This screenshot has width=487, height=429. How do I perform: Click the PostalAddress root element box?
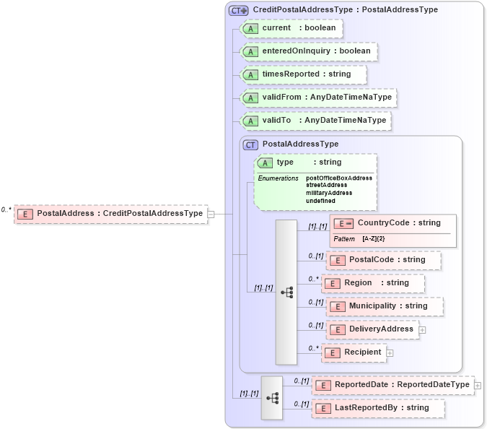(x=110, y=214)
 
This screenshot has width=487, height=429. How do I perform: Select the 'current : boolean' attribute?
(x=291, y=28)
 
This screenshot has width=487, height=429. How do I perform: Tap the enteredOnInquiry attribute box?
(x=308, y=51)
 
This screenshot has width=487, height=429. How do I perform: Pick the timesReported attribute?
(x=303, y=74)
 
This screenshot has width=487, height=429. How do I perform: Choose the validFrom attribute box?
(x=317, y=97)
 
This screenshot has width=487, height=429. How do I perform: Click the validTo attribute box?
(x=315, y=121)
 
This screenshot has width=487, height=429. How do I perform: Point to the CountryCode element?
(x=392, y=223)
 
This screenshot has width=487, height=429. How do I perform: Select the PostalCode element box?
(x=383, y=260)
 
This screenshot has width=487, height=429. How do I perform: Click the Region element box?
(x=373, y=283)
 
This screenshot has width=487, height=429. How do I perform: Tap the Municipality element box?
(x=385, y=306)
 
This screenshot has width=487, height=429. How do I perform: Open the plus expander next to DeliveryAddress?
(x=422, y=329)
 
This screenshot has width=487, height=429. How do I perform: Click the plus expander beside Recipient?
(x=390, y=352)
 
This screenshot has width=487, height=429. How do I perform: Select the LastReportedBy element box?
(x=378, y=408)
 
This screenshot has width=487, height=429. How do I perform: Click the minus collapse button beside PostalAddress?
(x=211, y=214)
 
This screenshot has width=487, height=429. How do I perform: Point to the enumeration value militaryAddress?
(x=329, y=193)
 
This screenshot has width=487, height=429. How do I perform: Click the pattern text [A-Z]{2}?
(x=373, y=238)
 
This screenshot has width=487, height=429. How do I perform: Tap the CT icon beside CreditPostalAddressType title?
(x=238, y=10)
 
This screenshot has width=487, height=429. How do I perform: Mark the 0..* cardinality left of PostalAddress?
(x=6, y=209)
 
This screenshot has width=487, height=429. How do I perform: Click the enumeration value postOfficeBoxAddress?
(x=339, y=178)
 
